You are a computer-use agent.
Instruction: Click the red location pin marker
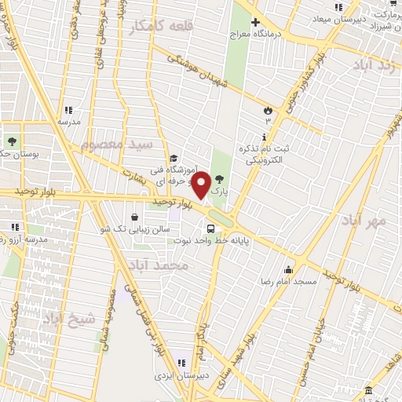click(201, 185)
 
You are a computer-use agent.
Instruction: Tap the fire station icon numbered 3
click(268, 108)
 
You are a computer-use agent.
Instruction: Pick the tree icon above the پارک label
click(220, 180)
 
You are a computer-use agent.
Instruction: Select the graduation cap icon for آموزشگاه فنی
click(172, 157)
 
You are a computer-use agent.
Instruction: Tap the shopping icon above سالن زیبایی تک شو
click(136, 216)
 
